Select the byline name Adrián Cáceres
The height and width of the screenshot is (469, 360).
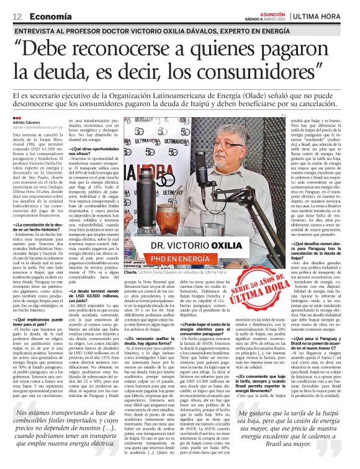coord(27,122)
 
